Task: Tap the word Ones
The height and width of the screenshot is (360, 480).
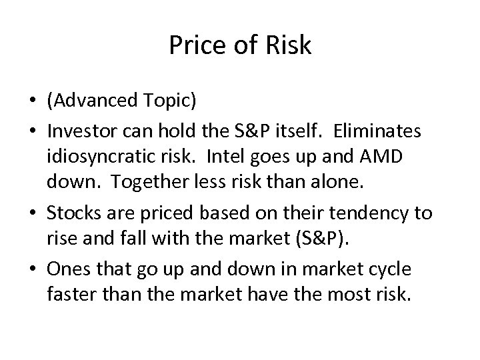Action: [x=65, y=269]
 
